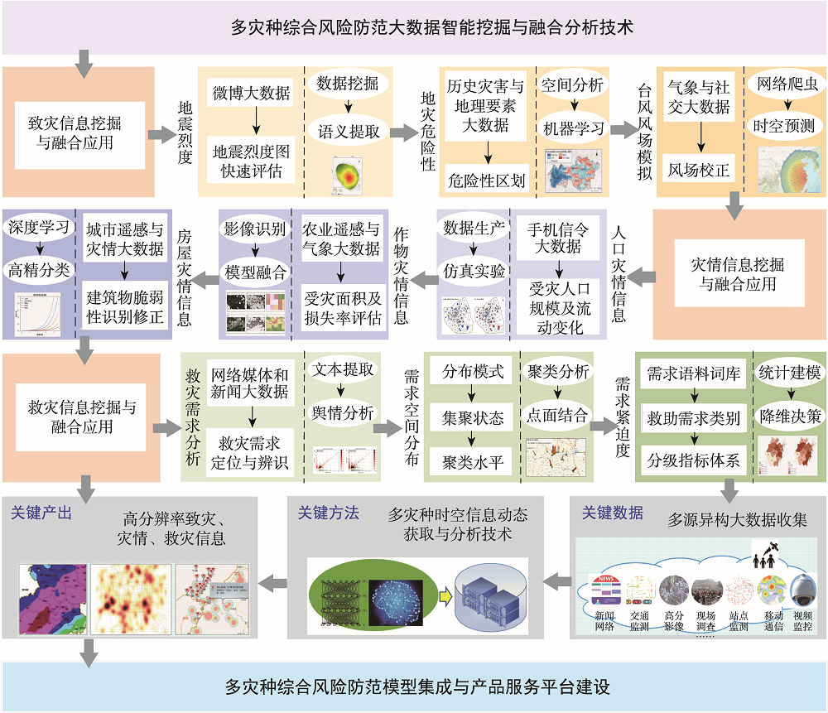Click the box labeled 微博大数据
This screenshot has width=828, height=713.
251,92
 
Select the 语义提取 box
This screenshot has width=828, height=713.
349,131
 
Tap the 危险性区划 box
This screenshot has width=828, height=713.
486,179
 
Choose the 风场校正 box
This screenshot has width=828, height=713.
699,171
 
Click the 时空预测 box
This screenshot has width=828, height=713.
783,126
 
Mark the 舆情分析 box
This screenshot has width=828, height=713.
342,412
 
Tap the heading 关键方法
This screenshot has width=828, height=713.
329,513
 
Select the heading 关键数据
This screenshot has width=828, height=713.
613,513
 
